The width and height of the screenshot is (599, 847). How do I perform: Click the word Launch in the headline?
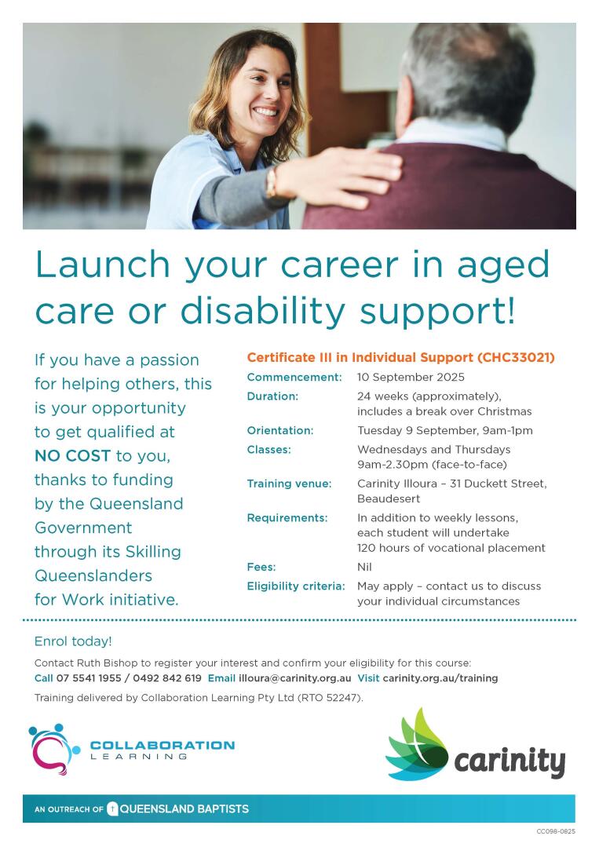[x=103, y=264]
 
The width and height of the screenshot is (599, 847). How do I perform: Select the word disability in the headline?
[x=262, y=311]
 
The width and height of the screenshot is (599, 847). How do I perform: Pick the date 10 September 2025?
[x=411, y=377]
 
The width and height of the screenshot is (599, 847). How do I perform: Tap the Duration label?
[x=272, y=396]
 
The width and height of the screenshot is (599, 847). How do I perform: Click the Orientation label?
[x=280, y=430]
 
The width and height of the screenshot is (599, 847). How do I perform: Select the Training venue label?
[x=289, y=484]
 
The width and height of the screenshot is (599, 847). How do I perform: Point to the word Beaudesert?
[x=389, y=498]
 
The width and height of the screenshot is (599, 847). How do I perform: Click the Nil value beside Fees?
[x=364, y=567]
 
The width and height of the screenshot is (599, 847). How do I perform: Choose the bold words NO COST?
[x=72, y=456]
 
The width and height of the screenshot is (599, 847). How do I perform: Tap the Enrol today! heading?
[x=73, y=641]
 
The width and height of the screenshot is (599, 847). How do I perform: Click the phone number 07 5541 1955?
[x=88, y=678]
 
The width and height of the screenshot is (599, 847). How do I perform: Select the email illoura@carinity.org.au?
[x=295, y=678]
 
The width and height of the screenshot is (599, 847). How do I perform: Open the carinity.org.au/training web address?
[x=440, y=678]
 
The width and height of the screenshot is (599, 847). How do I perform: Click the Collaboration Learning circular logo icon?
[x=54, y=749]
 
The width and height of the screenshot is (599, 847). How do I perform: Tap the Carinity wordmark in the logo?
[x=510, y=761]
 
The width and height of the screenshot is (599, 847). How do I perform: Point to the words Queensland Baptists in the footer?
[x=184, y=809]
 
